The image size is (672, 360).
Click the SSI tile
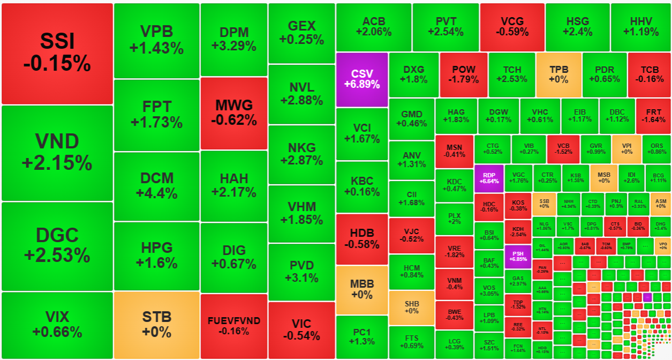57,53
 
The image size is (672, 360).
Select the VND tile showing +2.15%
57,153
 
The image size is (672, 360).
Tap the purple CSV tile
361,79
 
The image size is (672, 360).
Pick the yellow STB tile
156,325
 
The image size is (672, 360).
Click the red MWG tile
233,113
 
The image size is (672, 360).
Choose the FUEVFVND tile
233,326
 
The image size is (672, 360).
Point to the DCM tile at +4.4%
156,185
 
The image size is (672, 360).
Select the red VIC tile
301,330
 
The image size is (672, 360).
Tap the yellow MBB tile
361,289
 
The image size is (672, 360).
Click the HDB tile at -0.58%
361,239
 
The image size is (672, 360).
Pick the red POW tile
463,74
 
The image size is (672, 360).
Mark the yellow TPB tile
558,74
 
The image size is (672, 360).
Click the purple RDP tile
489,178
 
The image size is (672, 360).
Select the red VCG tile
511,27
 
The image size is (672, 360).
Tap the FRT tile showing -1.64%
653,116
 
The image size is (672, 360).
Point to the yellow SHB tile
411,307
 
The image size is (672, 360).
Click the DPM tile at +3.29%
233,40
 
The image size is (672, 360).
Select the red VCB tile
563,148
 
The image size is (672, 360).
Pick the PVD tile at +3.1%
301,272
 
